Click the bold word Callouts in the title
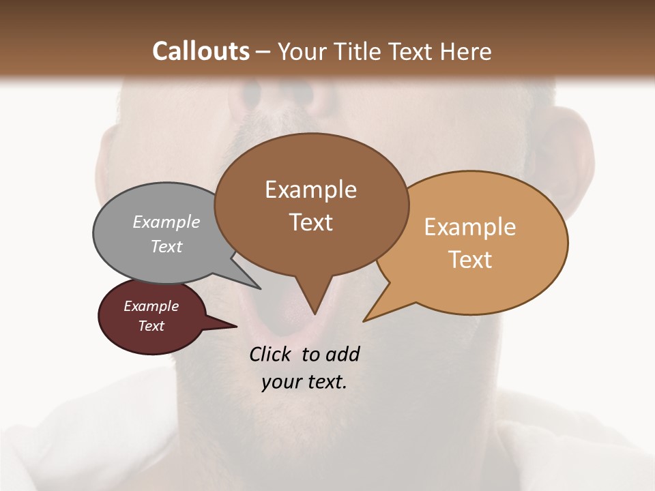tap(201, 51)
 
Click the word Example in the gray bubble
tap(166, 222)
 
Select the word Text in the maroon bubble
tap(151, 326)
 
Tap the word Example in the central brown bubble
tap(310, 190)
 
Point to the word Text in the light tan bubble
tap(470, 260)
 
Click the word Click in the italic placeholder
tap(270, 355)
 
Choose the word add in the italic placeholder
tap(343, 355)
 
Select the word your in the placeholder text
tap(281, 382)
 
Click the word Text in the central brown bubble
tap(310, 222)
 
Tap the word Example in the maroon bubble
tap(151, 306)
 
